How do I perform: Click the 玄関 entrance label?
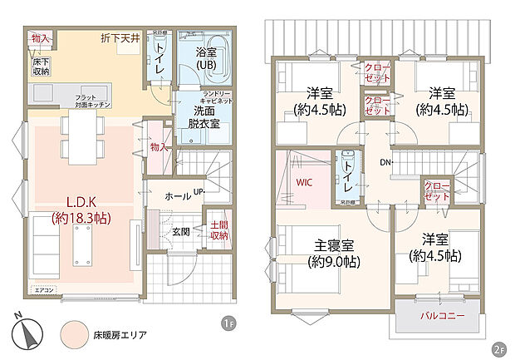pos(182,231)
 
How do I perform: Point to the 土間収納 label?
pos(218,230)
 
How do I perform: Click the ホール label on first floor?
pos(175,197)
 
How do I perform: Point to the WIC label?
pos(305,180)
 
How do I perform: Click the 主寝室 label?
pos(335,252)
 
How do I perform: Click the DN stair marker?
pos(385,161)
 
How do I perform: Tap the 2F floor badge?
pos(498,348)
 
